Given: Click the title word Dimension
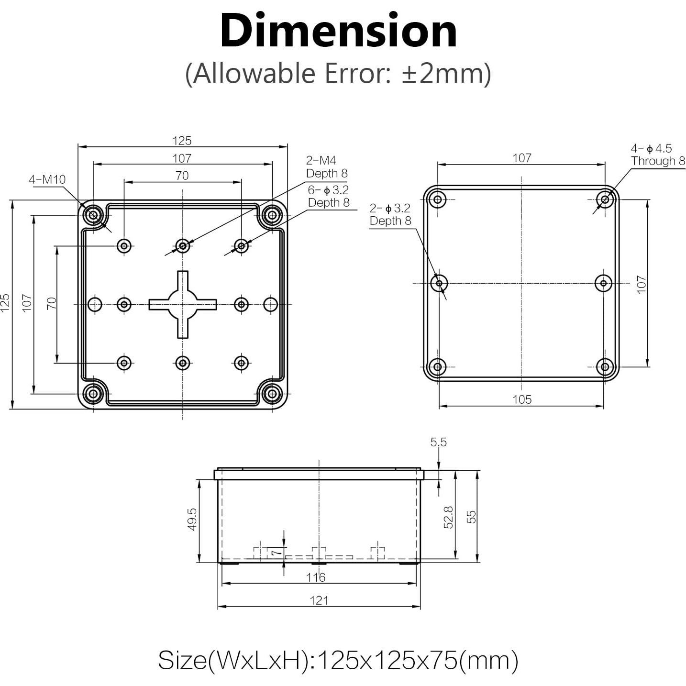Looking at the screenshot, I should coord(338,32).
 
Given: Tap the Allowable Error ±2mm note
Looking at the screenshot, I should coord(338,74).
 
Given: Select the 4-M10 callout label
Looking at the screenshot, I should coord(47,180).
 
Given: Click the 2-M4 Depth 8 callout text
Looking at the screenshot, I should coord(326,167).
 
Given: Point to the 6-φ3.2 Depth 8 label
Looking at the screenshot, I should coord(328,196).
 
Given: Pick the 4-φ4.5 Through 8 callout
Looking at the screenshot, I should coord(657,155).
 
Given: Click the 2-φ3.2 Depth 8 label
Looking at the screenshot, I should coord(390,214).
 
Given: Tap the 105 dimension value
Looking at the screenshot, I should coord(521,399).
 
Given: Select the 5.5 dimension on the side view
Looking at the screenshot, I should coord(438,443).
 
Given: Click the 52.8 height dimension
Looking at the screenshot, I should coord(448,517).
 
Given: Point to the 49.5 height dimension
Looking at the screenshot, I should coord(192,519).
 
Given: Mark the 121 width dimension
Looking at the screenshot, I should coord(319,600).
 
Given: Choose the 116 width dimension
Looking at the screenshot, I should coord(316,577).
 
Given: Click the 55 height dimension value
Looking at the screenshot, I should coord(471,517).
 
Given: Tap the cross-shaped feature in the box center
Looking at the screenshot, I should coord(183,304).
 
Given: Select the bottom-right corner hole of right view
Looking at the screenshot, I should coord(605,367).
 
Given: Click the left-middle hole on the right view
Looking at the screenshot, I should coord(439,283).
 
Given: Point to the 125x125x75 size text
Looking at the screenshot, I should coord(338,661).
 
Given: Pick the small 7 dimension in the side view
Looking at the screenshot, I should coord(275,553).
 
